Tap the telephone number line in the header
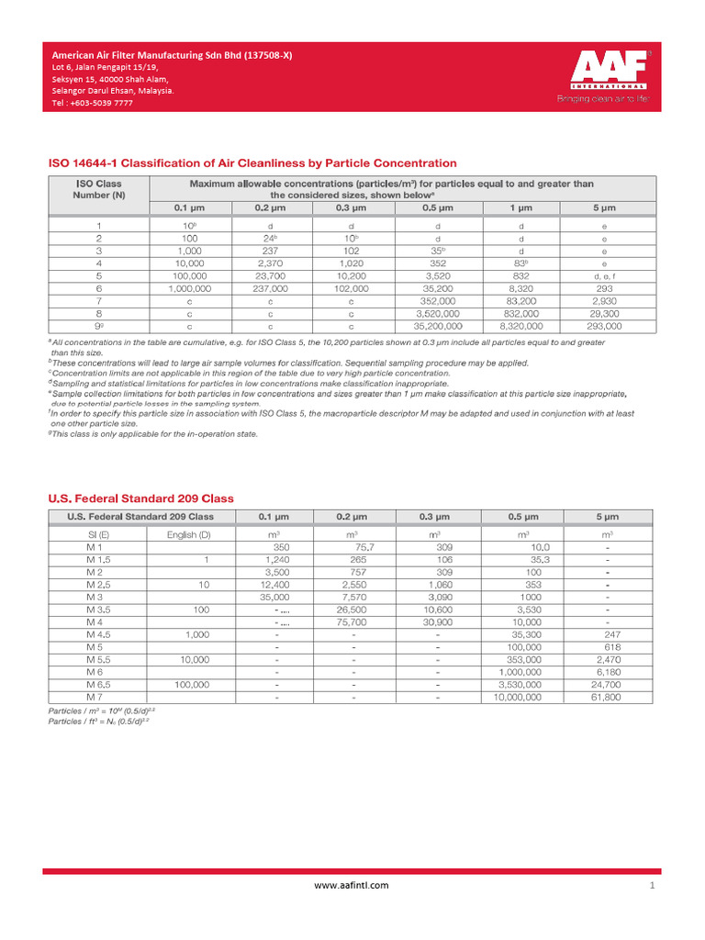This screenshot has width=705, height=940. coord(92,104)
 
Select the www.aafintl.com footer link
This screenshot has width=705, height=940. coord(352,885)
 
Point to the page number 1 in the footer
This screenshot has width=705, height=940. coord(651,886)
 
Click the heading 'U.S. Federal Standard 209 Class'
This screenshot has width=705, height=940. coord(140,498)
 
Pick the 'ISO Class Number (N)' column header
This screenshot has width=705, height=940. coord(98,189)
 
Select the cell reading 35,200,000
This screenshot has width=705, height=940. coord(437,326)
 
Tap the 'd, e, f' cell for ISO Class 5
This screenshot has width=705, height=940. coord(605,275)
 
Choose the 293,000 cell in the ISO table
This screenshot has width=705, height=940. coord(605,326)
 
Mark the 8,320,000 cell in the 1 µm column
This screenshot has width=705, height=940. coord(521,326)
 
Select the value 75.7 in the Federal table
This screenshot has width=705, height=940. coord(352,546)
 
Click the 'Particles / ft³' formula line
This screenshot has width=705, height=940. coord(98,722)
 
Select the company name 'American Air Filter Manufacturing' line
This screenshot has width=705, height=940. coord(171,55)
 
